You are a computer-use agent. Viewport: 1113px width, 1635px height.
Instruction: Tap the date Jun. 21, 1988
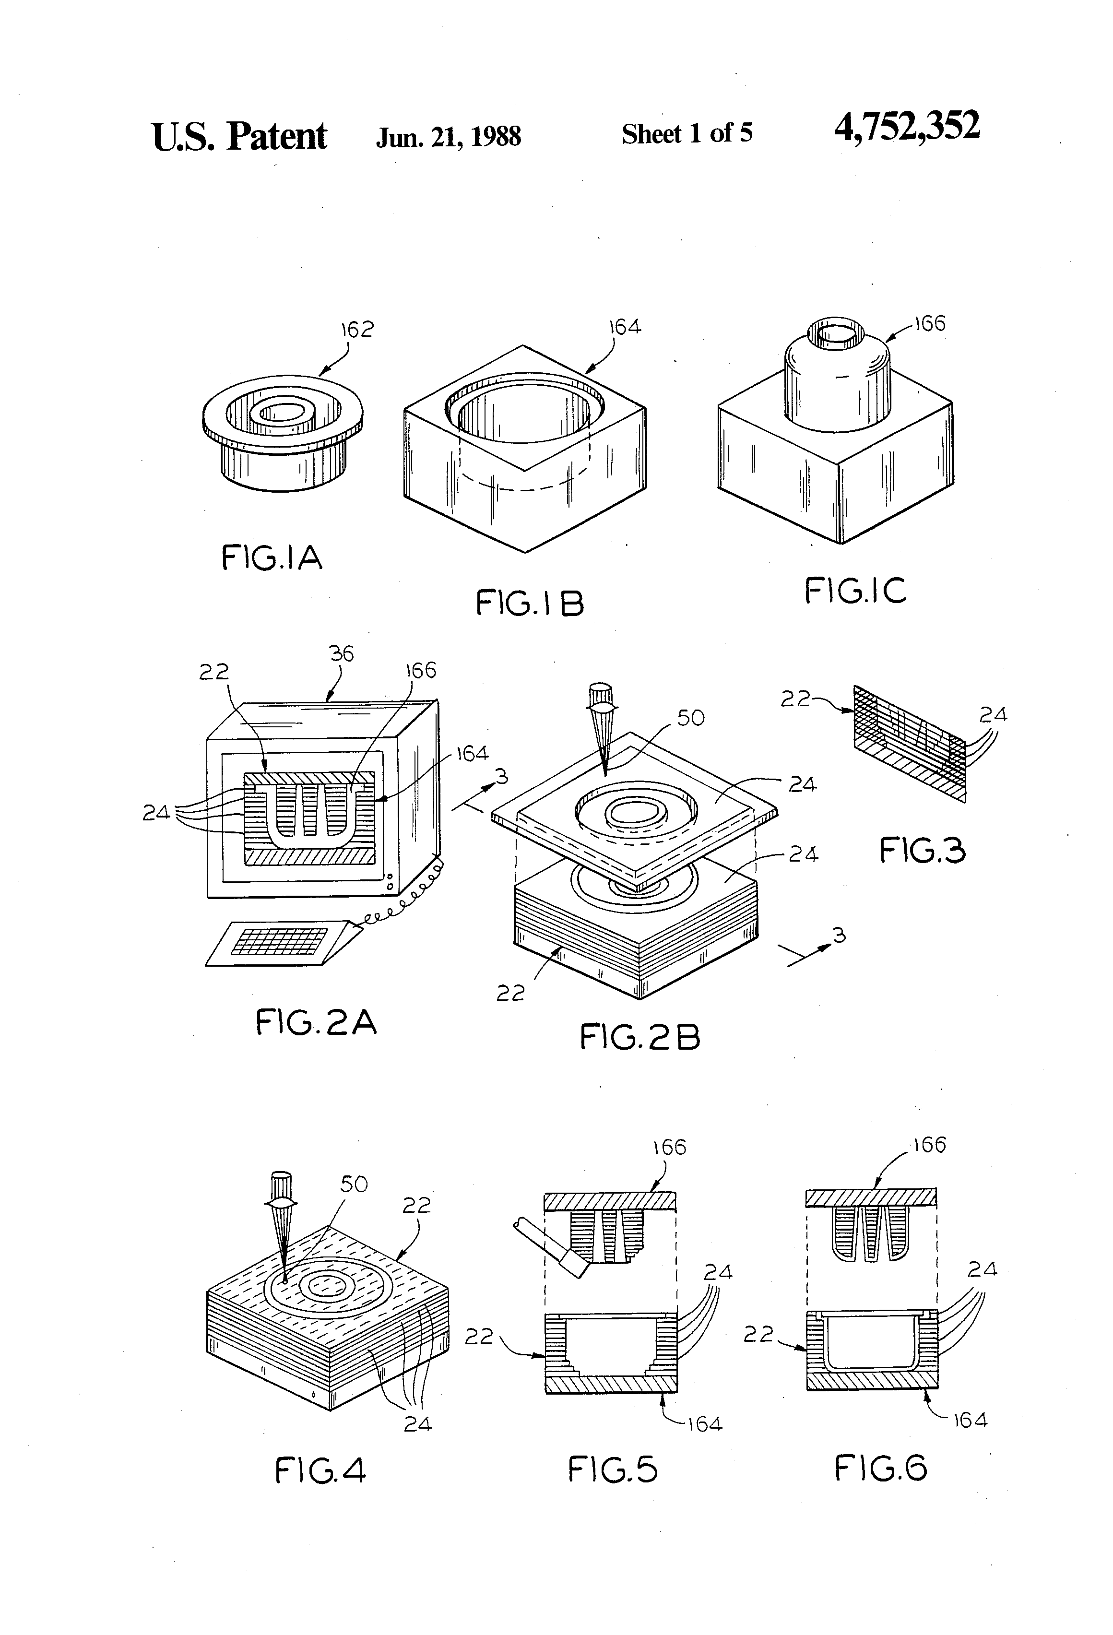448,136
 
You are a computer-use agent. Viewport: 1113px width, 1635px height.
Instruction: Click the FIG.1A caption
272,558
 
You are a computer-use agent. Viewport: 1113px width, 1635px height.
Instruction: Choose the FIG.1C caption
855,590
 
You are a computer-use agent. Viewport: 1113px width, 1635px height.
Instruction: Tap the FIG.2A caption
316,1022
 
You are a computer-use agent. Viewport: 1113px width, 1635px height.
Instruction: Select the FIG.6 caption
881,1468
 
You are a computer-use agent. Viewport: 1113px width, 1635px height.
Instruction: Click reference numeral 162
357,329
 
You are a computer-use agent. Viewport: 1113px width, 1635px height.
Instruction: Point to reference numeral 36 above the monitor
342,653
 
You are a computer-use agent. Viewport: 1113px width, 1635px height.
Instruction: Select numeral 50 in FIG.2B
690,718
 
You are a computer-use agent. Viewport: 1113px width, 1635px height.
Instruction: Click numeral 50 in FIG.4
354,1184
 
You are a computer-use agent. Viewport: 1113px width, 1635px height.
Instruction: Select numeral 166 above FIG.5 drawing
669,1148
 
